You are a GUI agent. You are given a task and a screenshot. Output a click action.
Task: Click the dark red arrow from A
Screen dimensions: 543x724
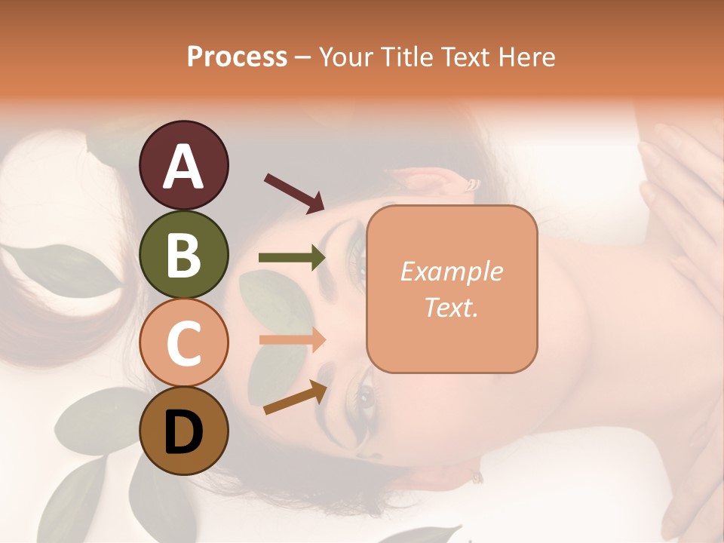[293, 192]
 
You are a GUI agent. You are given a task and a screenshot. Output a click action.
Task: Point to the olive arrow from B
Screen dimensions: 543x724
[292, 258]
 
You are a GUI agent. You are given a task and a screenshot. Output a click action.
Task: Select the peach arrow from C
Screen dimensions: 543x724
[292, 339]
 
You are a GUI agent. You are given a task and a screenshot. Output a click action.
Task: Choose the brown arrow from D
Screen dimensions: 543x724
[294, 398]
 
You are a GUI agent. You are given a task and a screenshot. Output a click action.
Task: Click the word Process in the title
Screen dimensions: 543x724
[237, 57]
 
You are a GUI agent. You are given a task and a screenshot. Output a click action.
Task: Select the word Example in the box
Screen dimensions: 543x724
[451, 271]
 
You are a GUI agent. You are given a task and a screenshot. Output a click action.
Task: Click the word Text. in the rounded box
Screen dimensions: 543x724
[451, 307]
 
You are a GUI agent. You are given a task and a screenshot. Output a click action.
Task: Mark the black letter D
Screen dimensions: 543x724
[183, 433]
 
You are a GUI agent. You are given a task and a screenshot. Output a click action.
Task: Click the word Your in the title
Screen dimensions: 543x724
[346, 57]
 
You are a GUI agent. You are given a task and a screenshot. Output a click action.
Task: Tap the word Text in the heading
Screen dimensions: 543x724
[465, 57]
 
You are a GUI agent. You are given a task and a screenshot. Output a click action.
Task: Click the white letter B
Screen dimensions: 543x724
[183, 256]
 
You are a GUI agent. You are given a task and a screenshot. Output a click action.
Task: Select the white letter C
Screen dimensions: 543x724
[183, 344]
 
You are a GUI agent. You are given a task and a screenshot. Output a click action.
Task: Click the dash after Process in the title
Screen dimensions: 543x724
[303, 57]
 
